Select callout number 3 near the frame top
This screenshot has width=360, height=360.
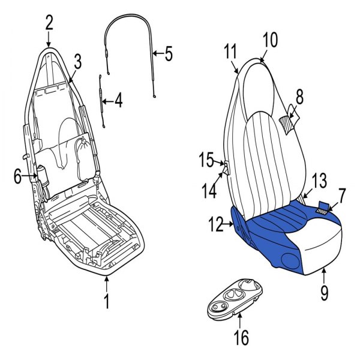pyautogui.click(x=77, y=61)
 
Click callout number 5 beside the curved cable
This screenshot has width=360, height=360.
pyautogui.click(x=168, y=54)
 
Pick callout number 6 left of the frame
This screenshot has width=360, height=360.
pyautogui.click(x=18, y=175)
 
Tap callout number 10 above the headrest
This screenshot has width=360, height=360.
pyautogui.click(x=270, y=40)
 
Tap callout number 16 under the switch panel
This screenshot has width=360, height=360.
pyautogui.click(x=241, y=337)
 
